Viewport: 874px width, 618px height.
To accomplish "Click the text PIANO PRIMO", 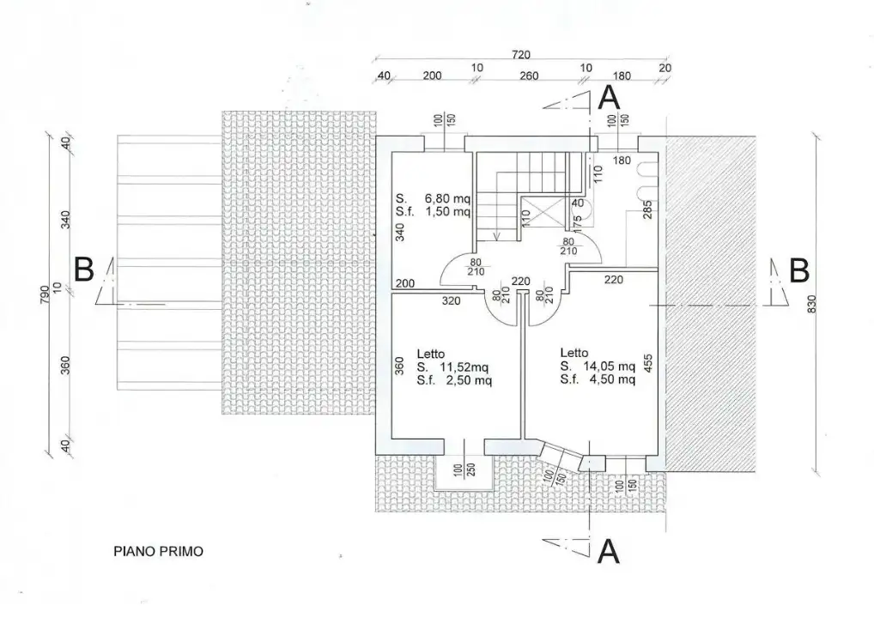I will [159, 552].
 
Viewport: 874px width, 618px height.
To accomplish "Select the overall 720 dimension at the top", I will [520, 55].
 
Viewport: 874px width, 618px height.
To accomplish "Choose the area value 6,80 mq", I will [446, 198].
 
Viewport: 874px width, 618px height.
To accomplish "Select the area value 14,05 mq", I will [609, 367].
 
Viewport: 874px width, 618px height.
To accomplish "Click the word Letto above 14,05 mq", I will [574, 353].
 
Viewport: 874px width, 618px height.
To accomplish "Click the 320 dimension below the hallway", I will [452, 301].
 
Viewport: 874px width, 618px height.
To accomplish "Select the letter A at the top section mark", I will [609, 97].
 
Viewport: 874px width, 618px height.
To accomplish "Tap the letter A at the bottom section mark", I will [609, 550].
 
